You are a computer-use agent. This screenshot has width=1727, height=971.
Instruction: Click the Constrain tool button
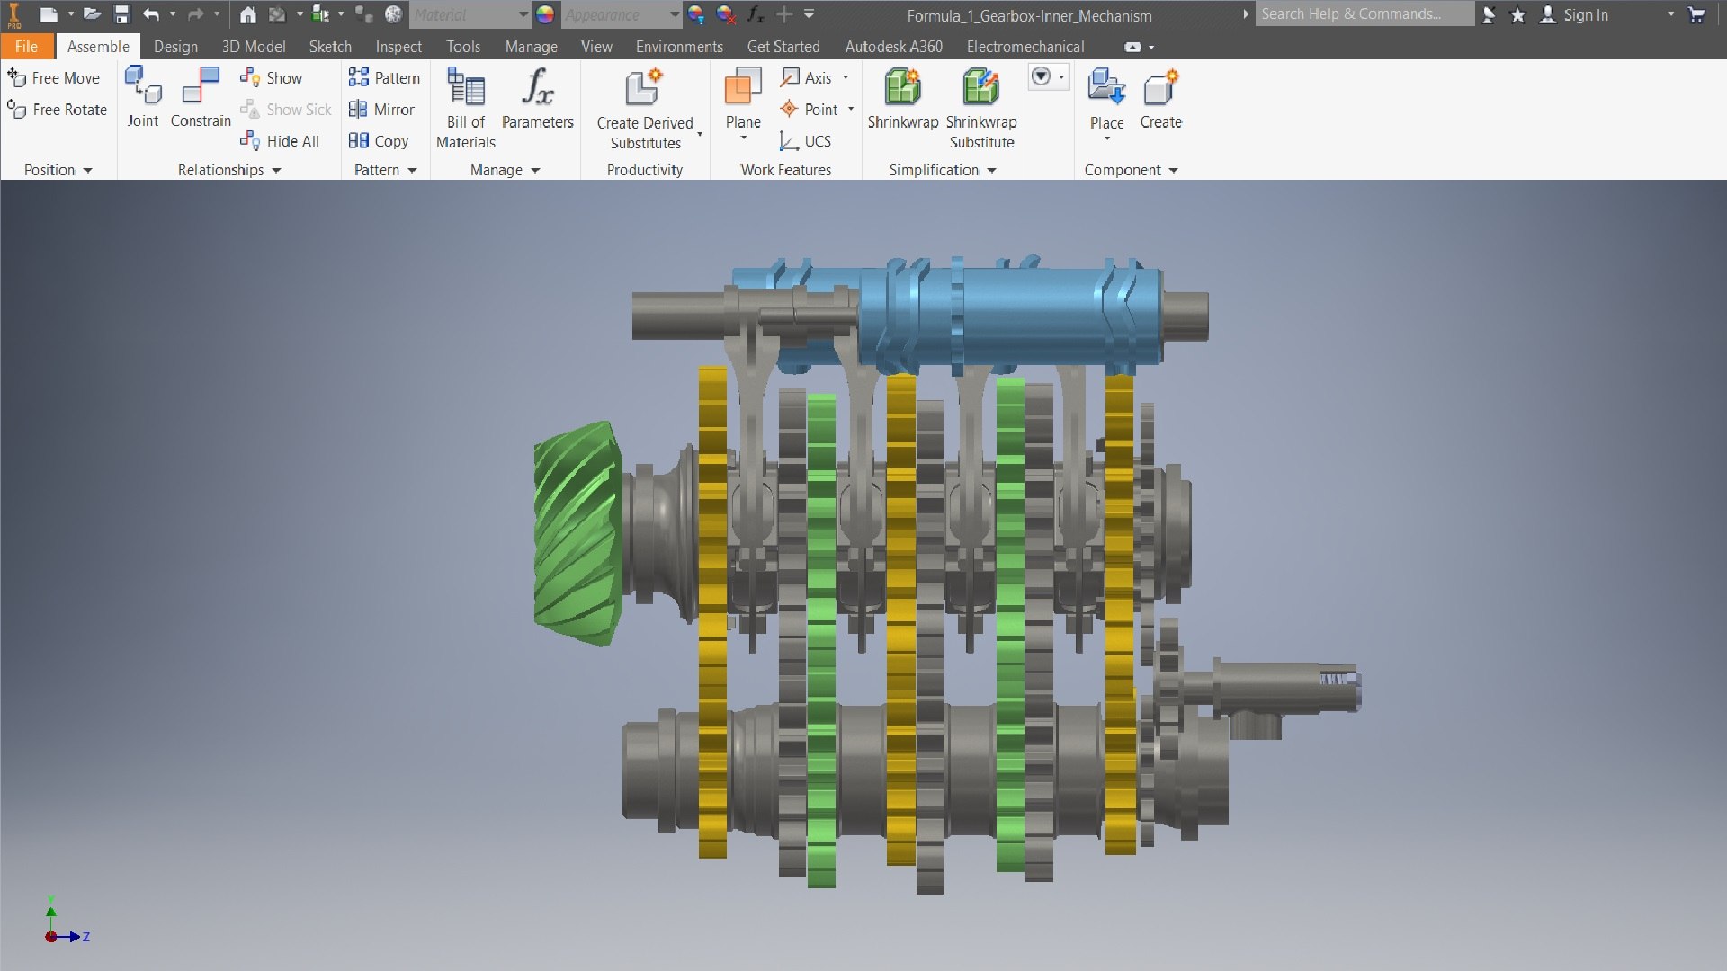click(201, 97)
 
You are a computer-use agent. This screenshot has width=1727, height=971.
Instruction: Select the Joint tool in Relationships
click(143, 97)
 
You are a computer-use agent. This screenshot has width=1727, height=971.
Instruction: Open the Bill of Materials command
click(466, 108)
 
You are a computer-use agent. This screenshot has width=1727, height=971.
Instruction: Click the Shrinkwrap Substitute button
click(981, 108)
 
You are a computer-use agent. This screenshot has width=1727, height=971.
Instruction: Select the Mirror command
click(382, 110)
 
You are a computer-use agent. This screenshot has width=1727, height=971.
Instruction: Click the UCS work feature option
click(806, 141)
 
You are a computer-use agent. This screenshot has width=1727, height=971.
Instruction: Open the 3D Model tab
click(254, 47)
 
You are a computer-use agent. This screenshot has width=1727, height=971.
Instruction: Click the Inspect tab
click(398, 47)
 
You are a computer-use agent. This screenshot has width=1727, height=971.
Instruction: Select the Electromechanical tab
click(1025, 47)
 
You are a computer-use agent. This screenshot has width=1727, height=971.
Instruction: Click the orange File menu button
click(26, 47)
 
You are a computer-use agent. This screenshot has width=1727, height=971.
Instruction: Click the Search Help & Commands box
click(1363, 14)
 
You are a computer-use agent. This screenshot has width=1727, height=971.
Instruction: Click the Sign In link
click(1585, 15)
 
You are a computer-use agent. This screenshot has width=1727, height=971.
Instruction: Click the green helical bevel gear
click(576, 535)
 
